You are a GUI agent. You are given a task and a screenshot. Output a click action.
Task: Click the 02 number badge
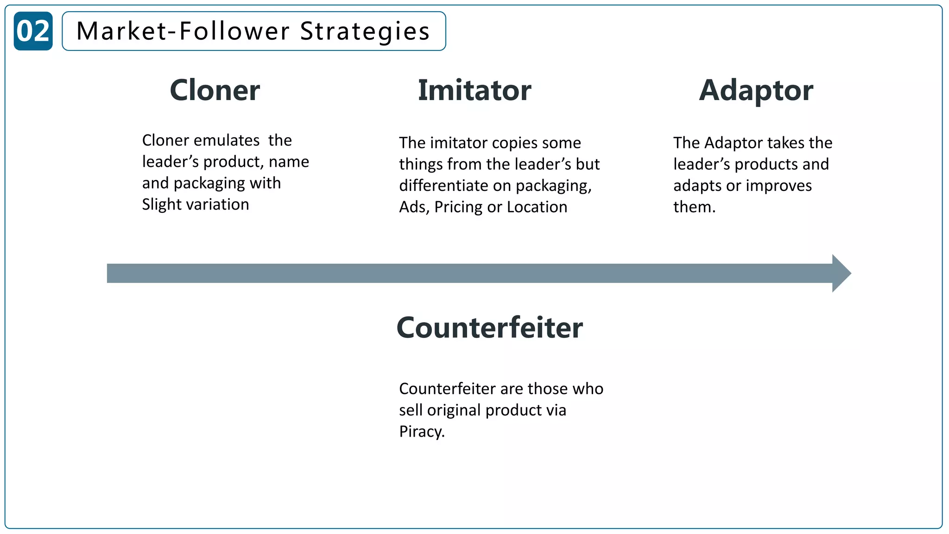(33, 31)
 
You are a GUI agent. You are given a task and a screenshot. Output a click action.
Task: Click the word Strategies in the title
(365, 31)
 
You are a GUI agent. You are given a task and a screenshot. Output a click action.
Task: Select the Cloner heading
(215, 90)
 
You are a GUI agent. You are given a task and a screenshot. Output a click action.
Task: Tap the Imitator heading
(474, 90)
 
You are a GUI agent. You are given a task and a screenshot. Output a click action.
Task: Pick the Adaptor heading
(756, 90)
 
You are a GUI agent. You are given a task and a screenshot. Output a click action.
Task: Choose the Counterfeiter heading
(490, 328)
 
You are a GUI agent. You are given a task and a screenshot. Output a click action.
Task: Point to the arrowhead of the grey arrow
(841, 273)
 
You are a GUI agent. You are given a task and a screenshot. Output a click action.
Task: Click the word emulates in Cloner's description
(227, 140)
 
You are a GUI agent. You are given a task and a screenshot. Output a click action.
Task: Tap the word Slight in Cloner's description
(162, 204)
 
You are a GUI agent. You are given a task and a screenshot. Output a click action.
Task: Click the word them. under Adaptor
(694, 207)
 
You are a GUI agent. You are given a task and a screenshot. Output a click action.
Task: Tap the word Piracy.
(422, 432)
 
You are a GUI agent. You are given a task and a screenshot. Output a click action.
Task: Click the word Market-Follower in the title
(183, 31)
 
